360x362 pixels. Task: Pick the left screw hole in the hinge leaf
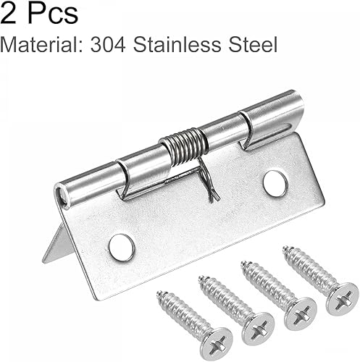[122, 246]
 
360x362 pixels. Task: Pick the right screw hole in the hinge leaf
[275, 184]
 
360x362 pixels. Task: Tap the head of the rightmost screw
[342, 298]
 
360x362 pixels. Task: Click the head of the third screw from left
[300, 311]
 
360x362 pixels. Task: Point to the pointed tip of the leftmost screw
[159, 295]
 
